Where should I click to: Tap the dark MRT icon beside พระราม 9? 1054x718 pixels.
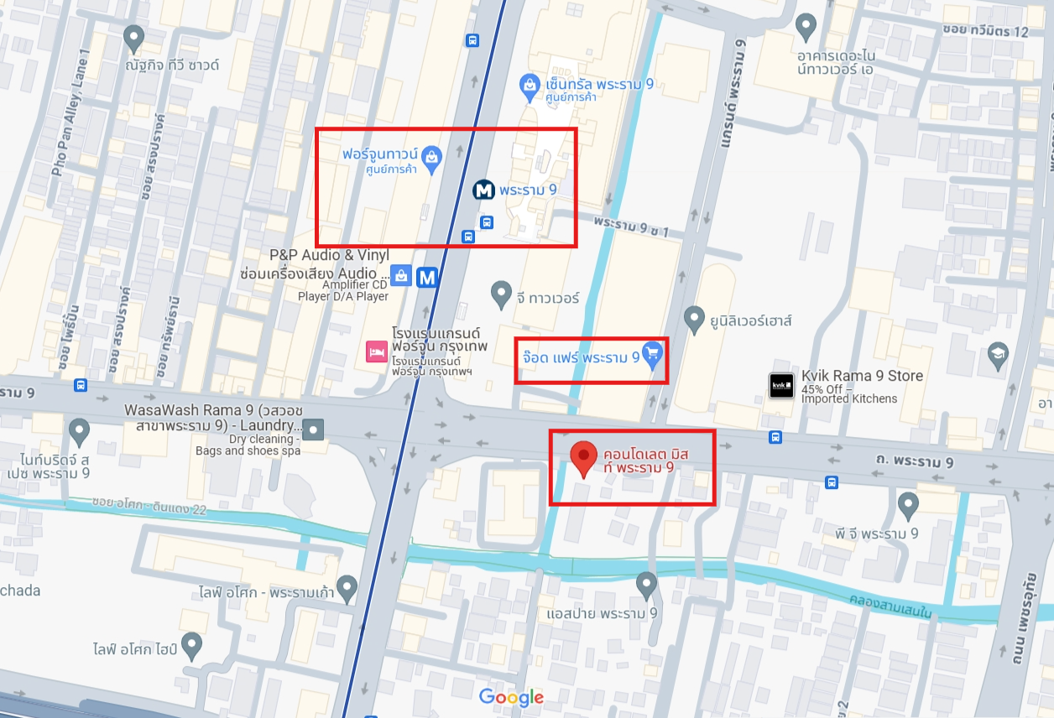pos(483,190)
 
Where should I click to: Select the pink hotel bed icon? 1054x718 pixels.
pos(376,351)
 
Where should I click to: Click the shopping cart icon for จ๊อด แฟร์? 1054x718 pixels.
pos(652,356)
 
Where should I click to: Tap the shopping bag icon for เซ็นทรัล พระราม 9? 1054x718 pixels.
pos(530,85)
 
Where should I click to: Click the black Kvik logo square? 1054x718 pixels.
pos(781,386)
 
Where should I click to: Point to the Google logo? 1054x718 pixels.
pos(511,697)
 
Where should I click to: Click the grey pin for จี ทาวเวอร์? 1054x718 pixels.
pos(501,294)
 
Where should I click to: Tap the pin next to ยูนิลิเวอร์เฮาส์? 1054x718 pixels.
pos(693,319)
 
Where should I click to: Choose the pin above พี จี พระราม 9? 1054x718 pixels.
pos(908,505)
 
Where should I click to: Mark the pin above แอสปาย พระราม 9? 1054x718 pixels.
pos(646,585)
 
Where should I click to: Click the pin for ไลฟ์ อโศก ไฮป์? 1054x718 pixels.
pos(192,646)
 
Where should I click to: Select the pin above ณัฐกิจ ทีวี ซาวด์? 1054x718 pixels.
pos(133,38)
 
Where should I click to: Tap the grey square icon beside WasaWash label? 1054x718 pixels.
pos(313,432)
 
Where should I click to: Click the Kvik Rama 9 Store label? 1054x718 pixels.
pos(862,376)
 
